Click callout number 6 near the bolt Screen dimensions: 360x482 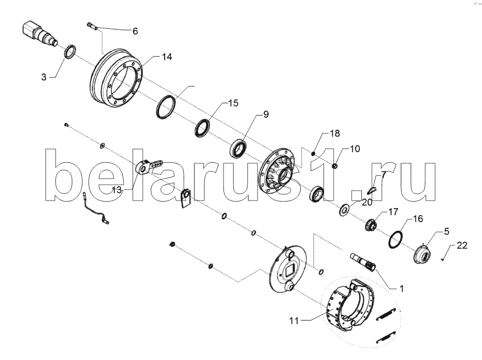[135, 31]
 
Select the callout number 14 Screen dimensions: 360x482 [166, 57]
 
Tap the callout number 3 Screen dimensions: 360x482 [44, 77]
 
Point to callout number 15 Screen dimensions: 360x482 [233, 103]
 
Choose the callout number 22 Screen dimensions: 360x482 [462, 246]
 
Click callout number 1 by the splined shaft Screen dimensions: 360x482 [401, 289]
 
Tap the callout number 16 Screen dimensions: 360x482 [418, 219]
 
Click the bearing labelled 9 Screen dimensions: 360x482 [238, 147]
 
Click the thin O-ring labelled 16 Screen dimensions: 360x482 [395, 238]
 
